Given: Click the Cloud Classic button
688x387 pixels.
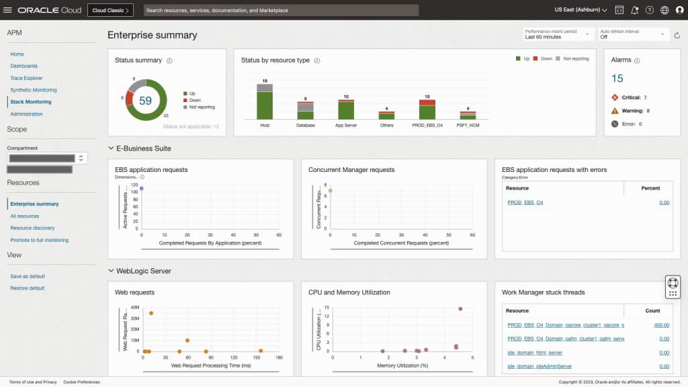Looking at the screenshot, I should click(x=110, y=10).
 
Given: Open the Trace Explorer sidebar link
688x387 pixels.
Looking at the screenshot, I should click(x=26, y=78).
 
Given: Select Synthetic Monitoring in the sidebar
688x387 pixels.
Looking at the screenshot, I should click(x=34, y=90).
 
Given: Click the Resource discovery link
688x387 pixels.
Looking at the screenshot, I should click(x=32, y=228).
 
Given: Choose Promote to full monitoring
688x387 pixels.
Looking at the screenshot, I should click(x=39, y=240).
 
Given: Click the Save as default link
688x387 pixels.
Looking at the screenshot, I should click(x=28, y=276).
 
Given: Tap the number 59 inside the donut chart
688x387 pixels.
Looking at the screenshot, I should click(x=145, y=101).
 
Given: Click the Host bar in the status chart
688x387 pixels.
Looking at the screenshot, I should click(x=265, y=104).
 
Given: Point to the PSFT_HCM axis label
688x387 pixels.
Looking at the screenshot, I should click(x=468, y=125).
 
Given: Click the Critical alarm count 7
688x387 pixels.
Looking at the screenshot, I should click(x=645, y=97).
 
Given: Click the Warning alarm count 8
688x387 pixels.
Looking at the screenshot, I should click(x=648, y=111).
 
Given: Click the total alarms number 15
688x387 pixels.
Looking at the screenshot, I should click(x=617, y=79).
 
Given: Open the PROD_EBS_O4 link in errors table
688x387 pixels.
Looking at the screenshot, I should click(x=525, y=202).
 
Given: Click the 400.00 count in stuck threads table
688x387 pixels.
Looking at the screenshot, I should click(x=661, y=325).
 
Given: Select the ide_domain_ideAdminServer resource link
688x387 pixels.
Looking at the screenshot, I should click(x=540, y=366).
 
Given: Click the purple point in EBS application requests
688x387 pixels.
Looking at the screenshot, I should click(x=141, y=189).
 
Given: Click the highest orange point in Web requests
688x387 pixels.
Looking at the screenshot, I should click(x=151, y=313).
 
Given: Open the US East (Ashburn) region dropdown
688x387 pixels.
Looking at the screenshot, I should click(x=580, y=10).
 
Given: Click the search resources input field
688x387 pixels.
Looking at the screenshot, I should click(x=281, y=10).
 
